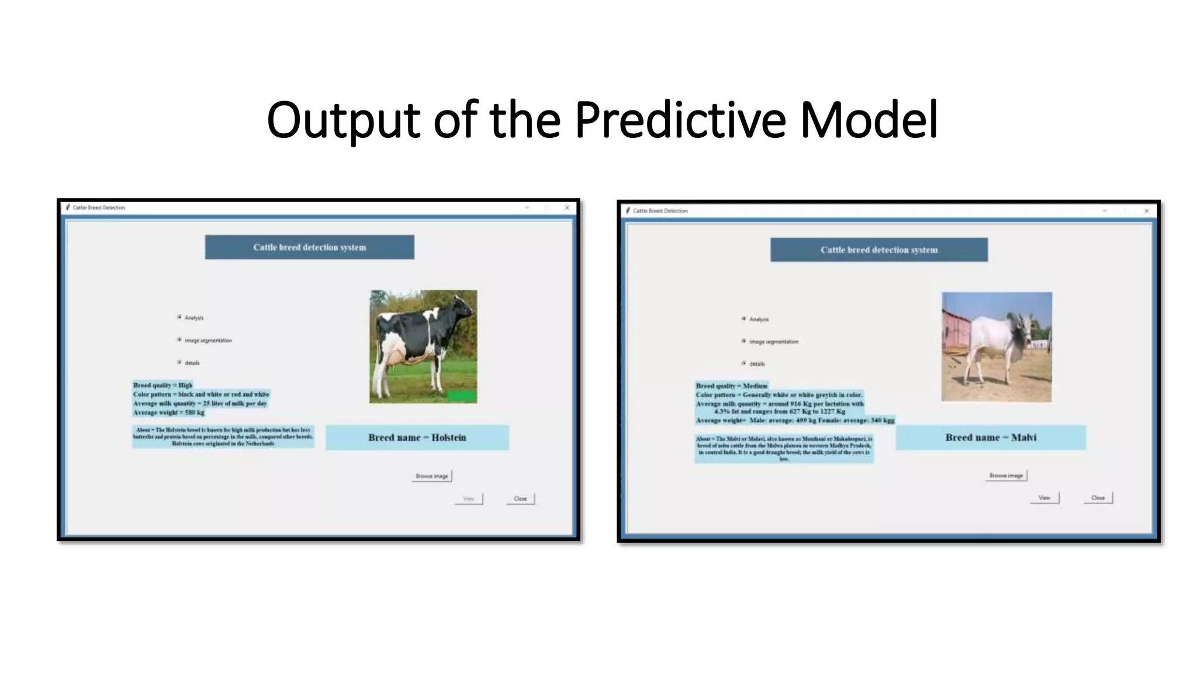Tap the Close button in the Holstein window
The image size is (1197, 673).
520,499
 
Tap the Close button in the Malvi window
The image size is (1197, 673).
1098,498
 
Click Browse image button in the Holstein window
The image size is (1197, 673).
431,476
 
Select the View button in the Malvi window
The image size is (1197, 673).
1044,498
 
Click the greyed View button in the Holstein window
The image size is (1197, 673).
468,499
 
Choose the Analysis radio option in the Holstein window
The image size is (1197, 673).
179,317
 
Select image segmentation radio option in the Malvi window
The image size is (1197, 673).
744,341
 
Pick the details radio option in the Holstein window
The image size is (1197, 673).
179,363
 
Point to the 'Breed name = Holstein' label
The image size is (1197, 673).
417,438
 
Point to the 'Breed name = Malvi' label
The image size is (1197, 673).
991,438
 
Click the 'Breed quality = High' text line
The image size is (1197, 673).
162,385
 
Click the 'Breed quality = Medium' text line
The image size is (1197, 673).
731,386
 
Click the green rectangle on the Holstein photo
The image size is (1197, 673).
461,396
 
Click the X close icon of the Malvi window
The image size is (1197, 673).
1146,211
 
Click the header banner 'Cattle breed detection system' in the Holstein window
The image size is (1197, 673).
309,247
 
